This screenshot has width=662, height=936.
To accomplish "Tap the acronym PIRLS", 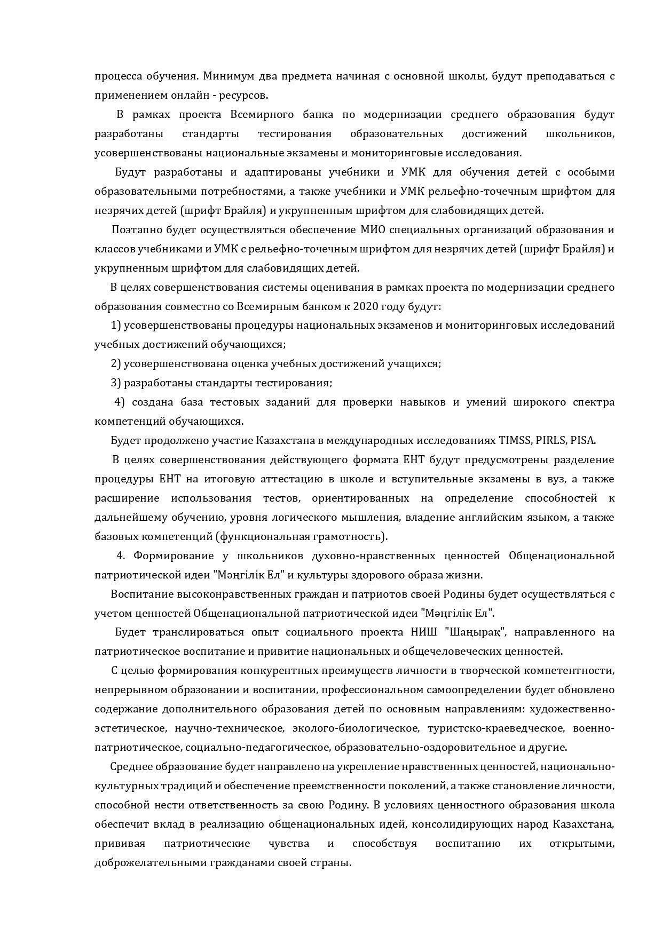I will [551, 441].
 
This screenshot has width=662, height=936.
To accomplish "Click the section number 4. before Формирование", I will [121, 556].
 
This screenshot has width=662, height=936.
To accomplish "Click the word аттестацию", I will [287, 479].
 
